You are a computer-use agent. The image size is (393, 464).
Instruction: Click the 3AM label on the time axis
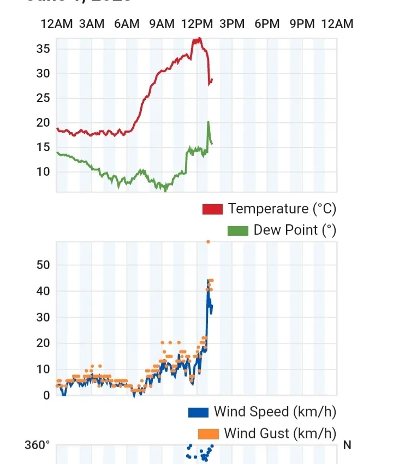pyautogui.click(x=91, y=23)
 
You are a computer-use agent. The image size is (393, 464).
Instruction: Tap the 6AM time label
pyautogui.click(x=127, y=23)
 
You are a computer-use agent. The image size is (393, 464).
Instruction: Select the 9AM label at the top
pyautogui.click(x=162, y=23)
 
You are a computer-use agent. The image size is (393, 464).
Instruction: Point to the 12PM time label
pyautogui.click(x=197, y=23)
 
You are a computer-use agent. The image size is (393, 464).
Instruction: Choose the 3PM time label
pyautogui.click(x=232, y=23)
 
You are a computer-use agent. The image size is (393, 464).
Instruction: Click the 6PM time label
pyautogui.click(x=267, y=23)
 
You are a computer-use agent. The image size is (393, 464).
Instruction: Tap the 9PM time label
pyautogui.click(x=302, y=23)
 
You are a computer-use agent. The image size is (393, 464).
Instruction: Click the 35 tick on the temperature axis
pyautogui.click(x=43, y=49)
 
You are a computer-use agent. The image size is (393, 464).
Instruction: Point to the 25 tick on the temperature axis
pyautogui.click(x=43, y=98)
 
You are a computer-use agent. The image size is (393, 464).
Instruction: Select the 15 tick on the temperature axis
pyautogui.click(x=43, y=147)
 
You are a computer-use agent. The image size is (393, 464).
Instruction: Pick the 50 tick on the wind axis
pyautogui.click(x=43, y=265)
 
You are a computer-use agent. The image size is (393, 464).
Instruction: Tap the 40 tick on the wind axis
pyautogui.click(x=43, y=292)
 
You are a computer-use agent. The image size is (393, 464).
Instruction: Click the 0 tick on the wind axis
pyautogui.click(x=46, y=395)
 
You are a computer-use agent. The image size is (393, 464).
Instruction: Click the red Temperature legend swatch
pyautogui.click(x=212, y=209)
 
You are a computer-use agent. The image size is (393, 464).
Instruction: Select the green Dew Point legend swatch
pyautogui.click(x=237, y=230)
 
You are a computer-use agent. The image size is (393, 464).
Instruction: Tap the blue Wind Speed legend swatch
pyautogui.click(x=198, y=412)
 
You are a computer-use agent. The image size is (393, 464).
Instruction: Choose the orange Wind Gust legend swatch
pyautogui.click(x=208, y=434)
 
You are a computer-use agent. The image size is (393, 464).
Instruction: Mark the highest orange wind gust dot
pyautogui.click(x=208, y=241)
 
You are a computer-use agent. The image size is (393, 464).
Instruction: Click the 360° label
pyautogui.click(x=37, y=445)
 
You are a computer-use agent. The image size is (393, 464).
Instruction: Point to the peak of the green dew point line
pyautogui.click(x=208, y=122)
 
